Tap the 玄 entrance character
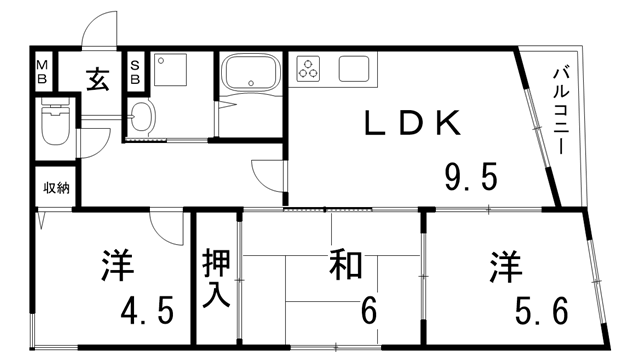[97, 76]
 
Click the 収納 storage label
[55, 188]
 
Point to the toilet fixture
[53, 127]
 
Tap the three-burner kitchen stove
[310, 70]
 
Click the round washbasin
[142, 119]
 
